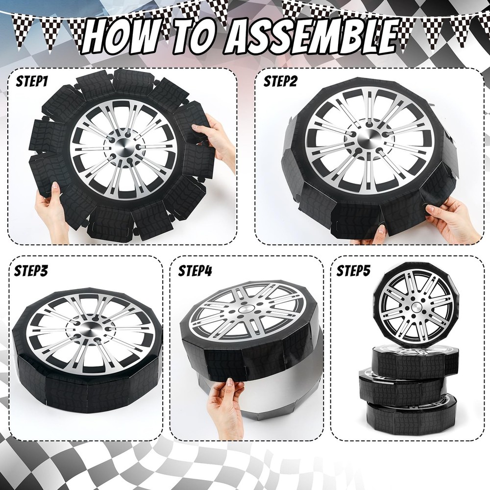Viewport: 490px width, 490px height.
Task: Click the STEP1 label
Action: click(31, 81)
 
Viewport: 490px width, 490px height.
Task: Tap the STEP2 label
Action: click(280, 81)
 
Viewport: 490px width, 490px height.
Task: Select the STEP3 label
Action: click(31, 270)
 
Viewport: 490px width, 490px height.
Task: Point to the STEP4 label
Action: click(195, 270)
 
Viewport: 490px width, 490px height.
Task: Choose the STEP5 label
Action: click(353, 270)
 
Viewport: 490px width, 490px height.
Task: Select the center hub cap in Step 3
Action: click(89, 328)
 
